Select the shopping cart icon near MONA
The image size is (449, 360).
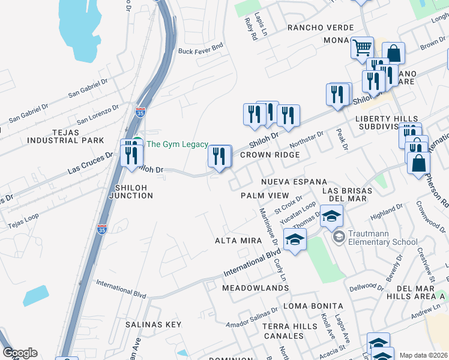(x=362, y=47)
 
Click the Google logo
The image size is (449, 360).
(x=20, y=352)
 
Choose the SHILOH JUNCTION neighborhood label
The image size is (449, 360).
(x=130, y=191)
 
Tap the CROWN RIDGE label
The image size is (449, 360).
(x=270, y=155)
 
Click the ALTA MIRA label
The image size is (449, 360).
(x=238, y=241)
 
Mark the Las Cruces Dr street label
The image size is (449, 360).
(x=90, y=162)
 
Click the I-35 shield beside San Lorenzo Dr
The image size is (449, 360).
(x=140, y=112)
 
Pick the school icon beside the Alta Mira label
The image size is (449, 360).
(x=295, y=239)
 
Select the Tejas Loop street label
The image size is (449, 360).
(x=23, y=221)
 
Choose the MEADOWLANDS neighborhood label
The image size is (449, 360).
(x=255, y=289)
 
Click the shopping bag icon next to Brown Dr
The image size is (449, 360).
(x=393, y=53)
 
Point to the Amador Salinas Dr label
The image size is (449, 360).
(x=252, y=317)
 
